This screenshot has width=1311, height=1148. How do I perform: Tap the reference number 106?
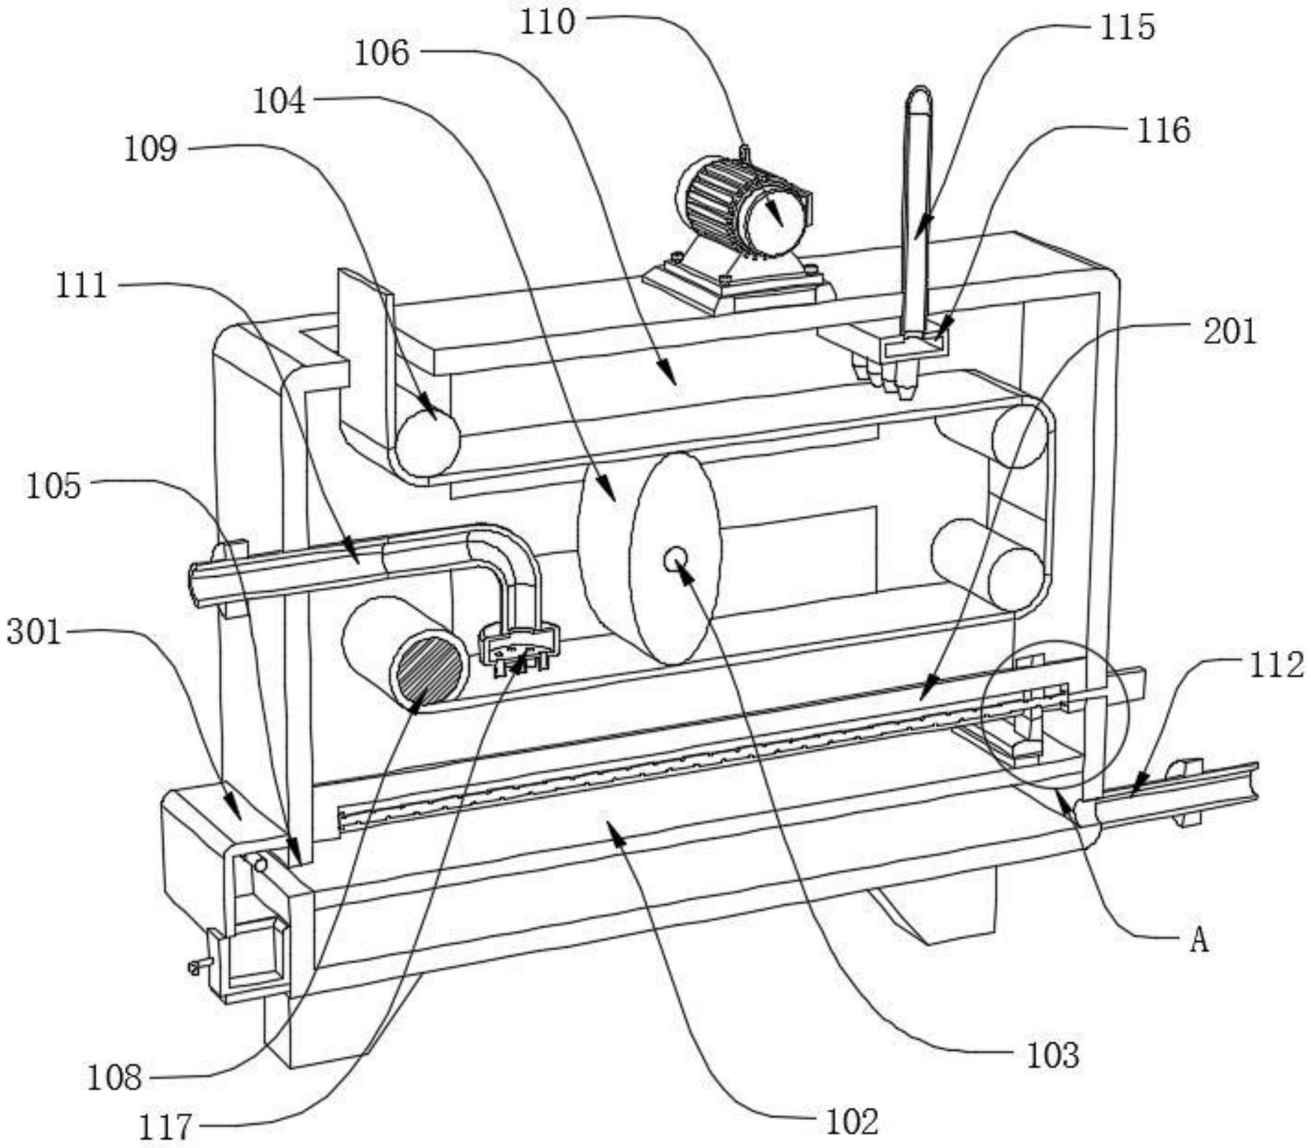coord(382,54)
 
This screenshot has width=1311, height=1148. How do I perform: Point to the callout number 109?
coord(150,150)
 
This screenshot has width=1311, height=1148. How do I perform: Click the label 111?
coord(82,285)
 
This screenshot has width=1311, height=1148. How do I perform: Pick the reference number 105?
coord(53,486)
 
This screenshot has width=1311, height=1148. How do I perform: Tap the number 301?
coord(33,631)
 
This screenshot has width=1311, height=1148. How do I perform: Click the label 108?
coord(114,1079)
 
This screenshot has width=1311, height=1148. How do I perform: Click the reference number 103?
coord(1054,1056)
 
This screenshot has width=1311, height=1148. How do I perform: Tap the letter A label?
coord(1200,940)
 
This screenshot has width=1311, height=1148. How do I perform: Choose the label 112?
coord(1276,665)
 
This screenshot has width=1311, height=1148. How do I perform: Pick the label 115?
coord(1128,28)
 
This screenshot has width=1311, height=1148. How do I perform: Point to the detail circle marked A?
coord(1055,710)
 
